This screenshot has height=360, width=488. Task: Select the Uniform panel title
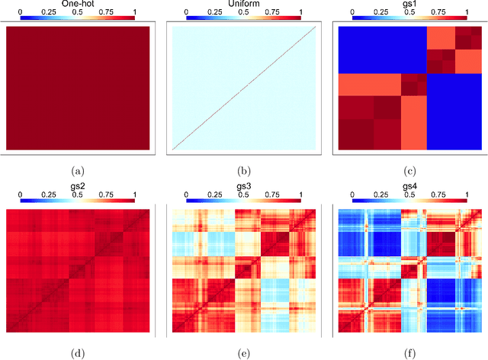243,3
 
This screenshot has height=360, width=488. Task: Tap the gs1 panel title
409,3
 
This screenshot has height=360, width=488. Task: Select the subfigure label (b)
243,168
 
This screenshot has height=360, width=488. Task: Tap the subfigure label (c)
409,168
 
